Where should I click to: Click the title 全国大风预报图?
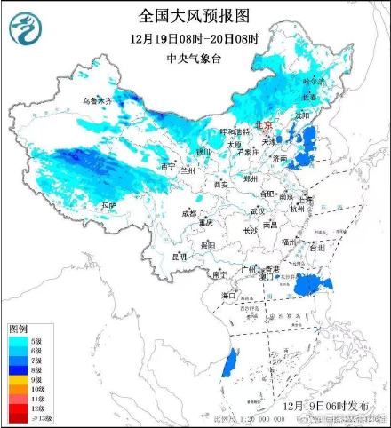pos(195,16)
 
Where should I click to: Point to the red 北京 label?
pos(264,126)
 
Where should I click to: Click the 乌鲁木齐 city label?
pos(97,102)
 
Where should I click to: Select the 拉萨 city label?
pos(108,204)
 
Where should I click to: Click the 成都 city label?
pos(189,213)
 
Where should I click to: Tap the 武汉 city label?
pos(258,210)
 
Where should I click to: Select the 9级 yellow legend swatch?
pos(15,378)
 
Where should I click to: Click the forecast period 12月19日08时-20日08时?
pos(195,39)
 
